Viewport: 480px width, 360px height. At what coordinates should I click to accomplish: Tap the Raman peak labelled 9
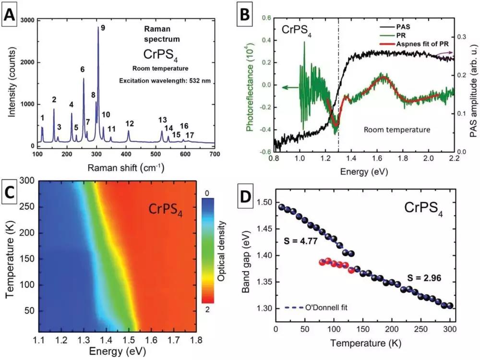coord(98,29)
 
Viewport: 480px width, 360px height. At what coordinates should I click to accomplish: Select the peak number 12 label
coord(130,124)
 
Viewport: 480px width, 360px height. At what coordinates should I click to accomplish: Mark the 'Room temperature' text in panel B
coord(396,130)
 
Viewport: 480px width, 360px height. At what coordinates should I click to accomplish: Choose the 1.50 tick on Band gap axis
coord(264,203)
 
